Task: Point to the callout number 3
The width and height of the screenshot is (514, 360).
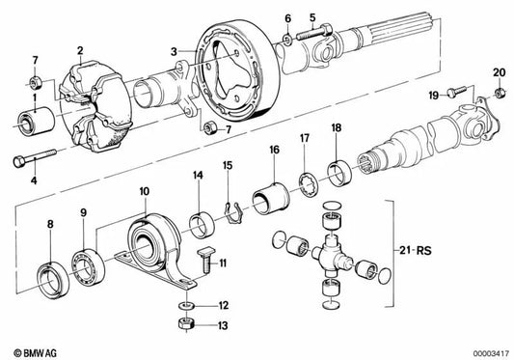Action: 174,51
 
